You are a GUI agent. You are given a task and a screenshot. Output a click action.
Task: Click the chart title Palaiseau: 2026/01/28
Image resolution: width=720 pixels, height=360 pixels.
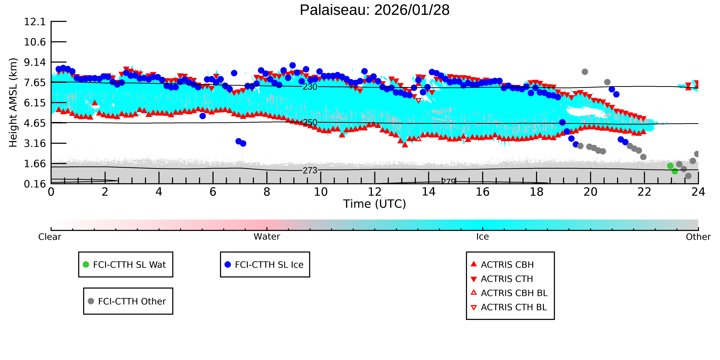point(375,10)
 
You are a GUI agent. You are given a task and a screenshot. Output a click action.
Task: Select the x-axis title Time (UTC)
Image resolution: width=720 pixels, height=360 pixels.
point(375,204)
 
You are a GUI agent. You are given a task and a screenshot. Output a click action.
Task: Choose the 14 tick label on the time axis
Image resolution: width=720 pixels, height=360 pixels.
point(428,192)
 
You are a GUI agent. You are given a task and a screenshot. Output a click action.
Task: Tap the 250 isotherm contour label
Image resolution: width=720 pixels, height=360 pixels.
point(310,122)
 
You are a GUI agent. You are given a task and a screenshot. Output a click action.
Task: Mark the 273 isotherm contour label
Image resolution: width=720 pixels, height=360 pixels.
point(310,170)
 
